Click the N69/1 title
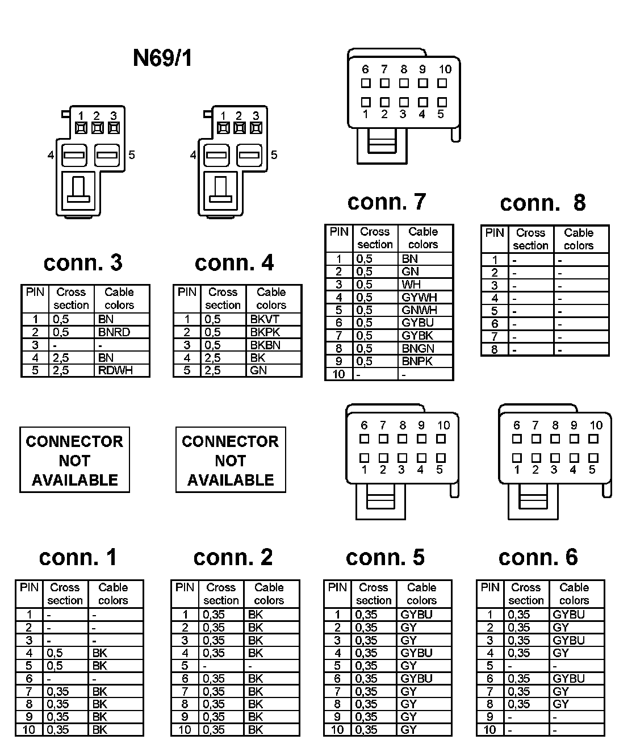click(162, 58)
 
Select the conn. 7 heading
click(386, 202)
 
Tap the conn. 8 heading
click(542, 203)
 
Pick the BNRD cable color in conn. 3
click(114, 332)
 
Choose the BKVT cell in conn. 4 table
click(265, 319)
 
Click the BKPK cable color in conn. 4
click(265, 332)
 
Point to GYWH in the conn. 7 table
click(419, 297)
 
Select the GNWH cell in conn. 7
click(419, 310)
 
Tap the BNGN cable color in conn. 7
click(418, 348)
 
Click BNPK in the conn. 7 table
click(417, 361)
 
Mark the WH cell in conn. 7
click(411, 285)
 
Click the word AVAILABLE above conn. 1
click(75, 480)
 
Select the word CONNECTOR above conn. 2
click(231, 442)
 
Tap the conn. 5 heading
click(385, 558)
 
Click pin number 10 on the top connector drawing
click(445, 69)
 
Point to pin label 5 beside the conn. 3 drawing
click(132, 154)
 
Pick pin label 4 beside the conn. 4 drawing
click(193, 154)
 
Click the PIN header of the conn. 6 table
click(490, 587)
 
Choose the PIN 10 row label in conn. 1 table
click(29, 730)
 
